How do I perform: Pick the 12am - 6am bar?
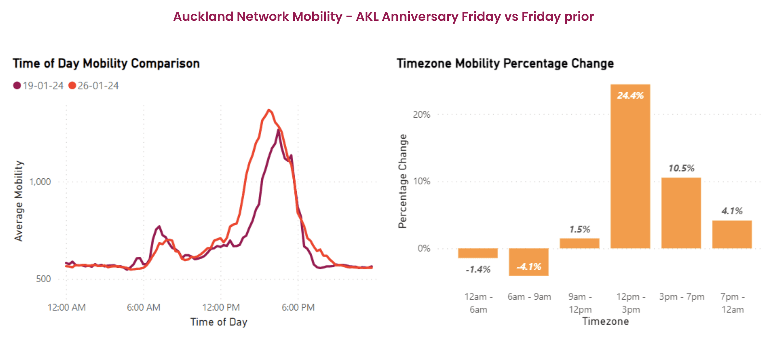[x=478, y=253]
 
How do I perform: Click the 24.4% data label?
[x=630, y=96]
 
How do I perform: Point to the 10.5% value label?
[x=681, y=168]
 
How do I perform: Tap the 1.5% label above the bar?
[x=579, y=229]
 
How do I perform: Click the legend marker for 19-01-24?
[x=17, y=86]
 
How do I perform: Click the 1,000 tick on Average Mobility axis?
[x=40, y=182]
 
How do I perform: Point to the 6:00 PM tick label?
[x=298, y=307]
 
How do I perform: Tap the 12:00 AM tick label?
[x=67, y=307]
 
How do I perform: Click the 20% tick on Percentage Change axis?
[x=421, y=114]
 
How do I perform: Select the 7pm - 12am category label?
[x=732, y=303]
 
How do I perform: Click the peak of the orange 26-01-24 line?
[x=269, y=110]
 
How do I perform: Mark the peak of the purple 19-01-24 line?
[x=278, y=130]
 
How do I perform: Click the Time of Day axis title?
[x=219, y=322]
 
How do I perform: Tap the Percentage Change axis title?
[x=403, y=181]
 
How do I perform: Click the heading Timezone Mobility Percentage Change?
[x=505, y=63]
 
